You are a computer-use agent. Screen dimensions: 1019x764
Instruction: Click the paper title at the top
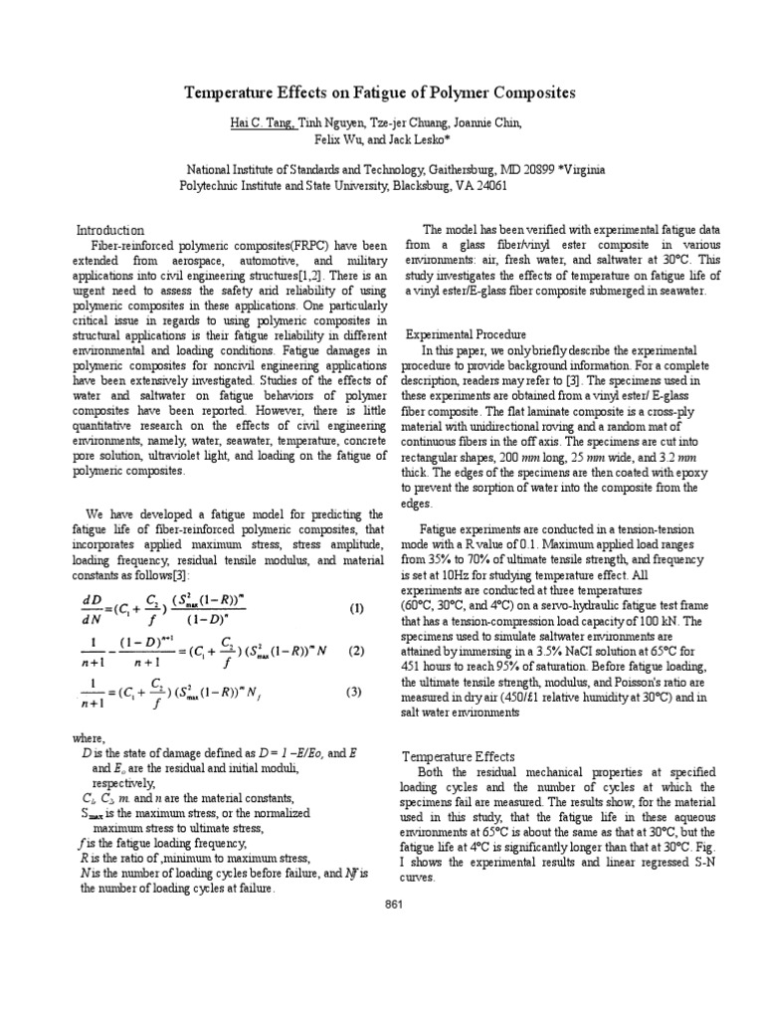[x=381, y=93]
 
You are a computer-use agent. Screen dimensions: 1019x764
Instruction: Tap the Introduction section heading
[x=110, y=230]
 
